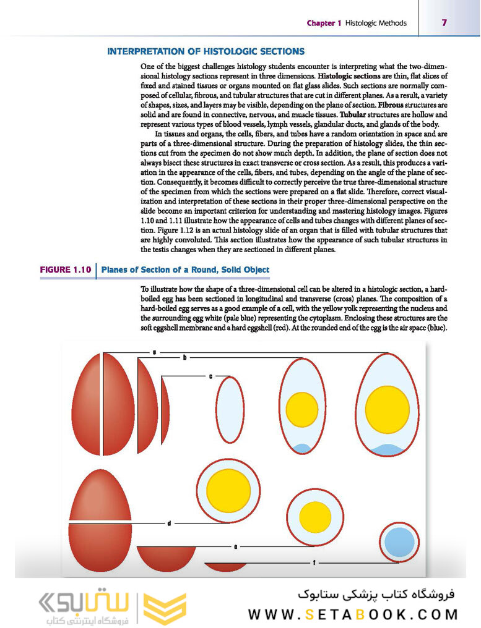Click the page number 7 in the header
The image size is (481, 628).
pyautogui.click(x=444, y=23)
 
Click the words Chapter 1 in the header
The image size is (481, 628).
pyautogui.click(x=324, y=23)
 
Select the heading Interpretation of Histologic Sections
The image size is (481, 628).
pyautogui.click(x=206, y=51)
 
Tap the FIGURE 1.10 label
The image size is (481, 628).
pyautogui.click(x=66, y=269)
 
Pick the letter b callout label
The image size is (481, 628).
pyautogui.click(x=184, y=358)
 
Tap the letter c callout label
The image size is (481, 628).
pyautogui.click(x=210, y=375)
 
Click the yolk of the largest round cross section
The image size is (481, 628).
pyautogui.click(x=228, y=488)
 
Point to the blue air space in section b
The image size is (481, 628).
pyautogui.click(x=301, y=448)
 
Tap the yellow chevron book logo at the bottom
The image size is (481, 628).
pyautogui.click(x=165, y=609)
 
